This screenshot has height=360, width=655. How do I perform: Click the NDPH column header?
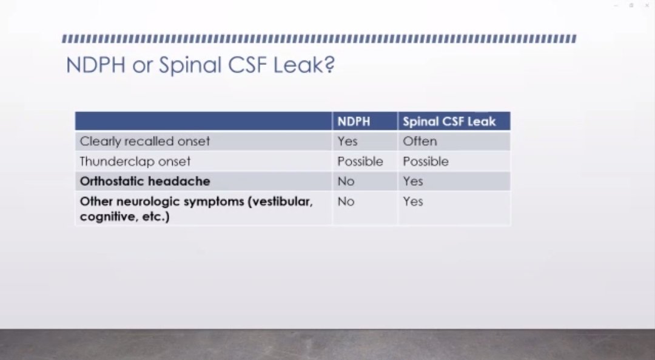354,121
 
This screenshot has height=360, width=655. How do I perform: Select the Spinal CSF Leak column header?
449,121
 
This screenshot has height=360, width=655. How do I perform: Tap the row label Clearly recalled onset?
145,141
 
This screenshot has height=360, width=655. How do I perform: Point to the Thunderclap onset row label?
135,161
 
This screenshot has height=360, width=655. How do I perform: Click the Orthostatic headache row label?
145,181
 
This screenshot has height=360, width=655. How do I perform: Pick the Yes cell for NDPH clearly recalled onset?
348,141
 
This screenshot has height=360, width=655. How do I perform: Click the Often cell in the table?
420,141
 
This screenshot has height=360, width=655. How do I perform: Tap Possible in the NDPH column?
360,161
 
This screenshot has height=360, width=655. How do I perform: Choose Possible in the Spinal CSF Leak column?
426,161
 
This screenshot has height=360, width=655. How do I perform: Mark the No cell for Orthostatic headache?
346,181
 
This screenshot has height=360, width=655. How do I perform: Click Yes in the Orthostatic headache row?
413,181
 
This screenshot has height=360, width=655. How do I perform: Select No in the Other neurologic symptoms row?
346,201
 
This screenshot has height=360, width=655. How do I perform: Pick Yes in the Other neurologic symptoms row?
413,201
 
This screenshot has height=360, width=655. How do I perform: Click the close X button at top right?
647,5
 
